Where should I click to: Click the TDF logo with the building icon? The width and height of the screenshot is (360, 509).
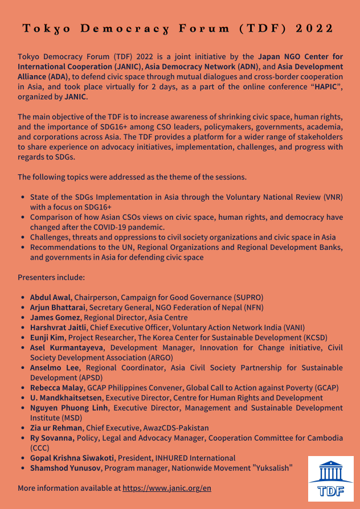pos(330,478)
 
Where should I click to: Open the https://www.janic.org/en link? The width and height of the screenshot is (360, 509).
pos(167,488)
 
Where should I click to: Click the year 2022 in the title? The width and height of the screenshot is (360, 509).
pos(315,29)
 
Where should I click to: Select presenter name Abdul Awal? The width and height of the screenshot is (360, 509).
pos(51,297)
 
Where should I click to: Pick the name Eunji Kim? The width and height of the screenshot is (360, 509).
pos(48,337)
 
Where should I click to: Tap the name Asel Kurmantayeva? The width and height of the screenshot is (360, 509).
pos(67,347)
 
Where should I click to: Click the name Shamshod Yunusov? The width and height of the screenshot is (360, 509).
pos(66,468)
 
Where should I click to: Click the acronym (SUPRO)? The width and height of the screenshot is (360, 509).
pos(248,297)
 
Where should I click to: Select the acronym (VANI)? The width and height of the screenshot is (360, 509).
pos(292,327)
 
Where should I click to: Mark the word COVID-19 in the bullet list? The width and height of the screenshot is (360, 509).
pos(116,227)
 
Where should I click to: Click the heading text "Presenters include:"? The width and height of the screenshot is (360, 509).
pos(51,277)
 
